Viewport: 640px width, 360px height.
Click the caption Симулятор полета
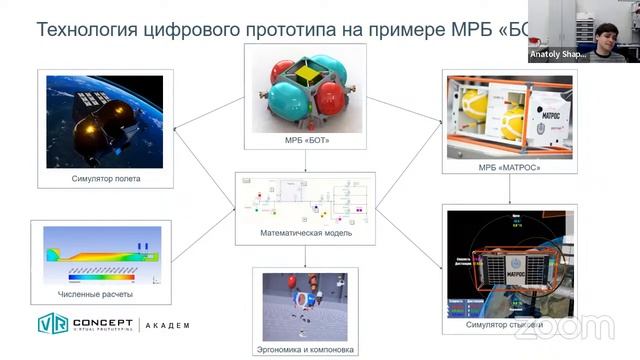tap(105, 179)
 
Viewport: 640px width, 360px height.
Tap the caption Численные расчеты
tap(95, 294)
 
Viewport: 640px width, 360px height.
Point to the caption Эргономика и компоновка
tap(305, 349)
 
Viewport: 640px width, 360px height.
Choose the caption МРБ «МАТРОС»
tap(508, 167)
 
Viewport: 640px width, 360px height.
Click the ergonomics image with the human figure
tap(305, 305)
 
